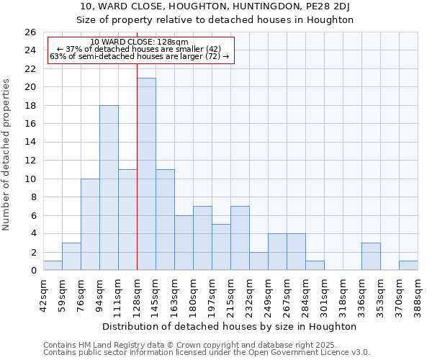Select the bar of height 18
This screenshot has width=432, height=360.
[x=109, y=188]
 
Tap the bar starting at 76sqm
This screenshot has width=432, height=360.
[x=90, y=225]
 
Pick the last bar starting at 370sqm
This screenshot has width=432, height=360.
[x=408, y=266]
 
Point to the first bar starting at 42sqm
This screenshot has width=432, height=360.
[x=53, y=266]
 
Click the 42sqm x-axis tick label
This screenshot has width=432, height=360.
[x=43, y=293]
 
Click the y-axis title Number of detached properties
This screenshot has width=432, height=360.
[x=7, y=152]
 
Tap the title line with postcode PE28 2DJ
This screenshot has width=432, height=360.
[x=216, y=6]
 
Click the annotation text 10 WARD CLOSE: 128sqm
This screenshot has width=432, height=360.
[x=140, y=42]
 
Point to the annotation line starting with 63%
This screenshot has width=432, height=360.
[x=140, y=56]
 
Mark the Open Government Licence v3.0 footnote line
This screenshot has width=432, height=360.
[x=206, y=353]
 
